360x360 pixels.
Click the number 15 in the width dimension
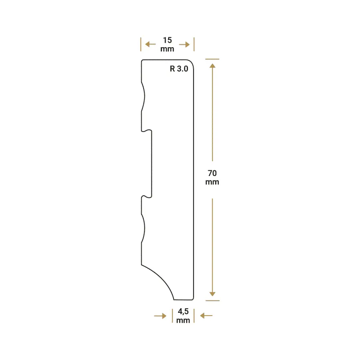pos(167,40)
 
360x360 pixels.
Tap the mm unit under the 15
pos(167,49)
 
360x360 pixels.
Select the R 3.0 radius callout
pos(179,68)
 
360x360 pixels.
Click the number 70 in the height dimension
pos(212,173)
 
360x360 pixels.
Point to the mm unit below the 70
pos(212,182)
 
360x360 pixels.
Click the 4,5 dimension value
pos(183,312)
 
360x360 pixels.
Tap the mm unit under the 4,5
pos(183,320)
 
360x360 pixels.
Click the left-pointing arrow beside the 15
pos(150,44)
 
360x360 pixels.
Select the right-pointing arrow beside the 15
pos(184,44)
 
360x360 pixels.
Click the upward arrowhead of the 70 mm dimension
pos(212,66)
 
